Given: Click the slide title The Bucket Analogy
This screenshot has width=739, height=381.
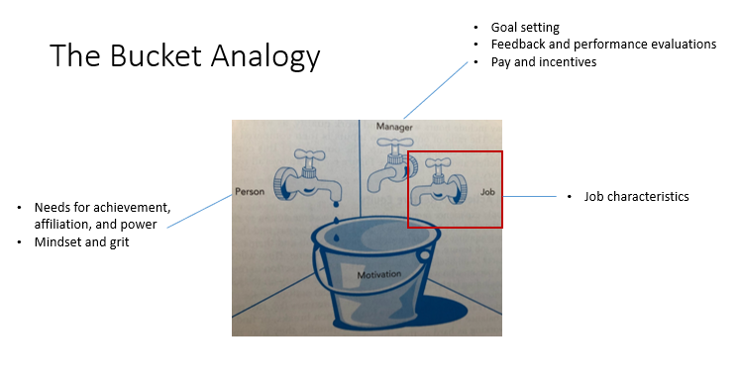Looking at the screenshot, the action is click(185, 55).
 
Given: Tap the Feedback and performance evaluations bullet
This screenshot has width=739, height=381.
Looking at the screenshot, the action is click(603, 45).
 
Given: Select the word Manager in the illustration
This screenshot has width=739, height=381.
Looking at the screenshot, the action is click(393, 128).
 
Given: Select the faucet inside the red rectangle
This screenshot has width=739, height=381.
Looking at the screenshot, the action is click(441, 182).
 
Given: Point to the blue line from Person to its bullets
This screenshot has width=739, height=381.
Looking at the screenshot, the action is click(198, 212).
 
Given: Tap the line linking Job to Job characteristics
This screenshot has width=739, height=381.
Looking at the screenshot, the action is click(530, 197).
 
